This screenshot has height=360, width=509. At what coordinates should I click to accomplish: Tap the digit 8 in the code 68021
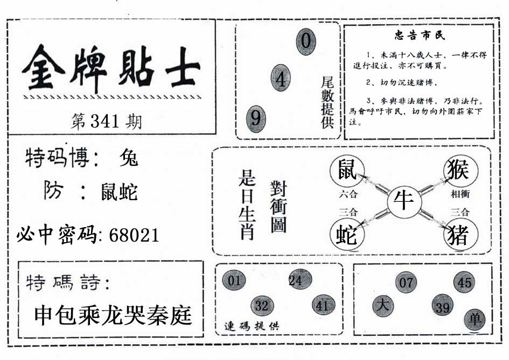click(x=124, y=235)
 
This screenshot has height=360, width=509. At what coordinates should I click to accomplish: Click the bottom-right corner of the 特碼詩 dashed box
click(x=203, y=337)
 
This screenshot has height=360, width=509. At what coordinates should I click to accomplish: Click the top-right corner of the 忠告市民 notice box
click(x=494, y=25)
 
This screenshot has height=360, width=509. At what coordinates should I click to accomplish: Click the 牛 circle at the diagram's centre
click(x=404, y=201)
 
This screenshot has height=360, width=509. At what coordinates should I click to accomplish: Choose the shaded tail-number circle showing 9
click(x=256, y=119)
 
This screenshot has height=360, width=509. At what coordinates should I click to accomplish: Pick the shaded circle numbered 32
click(x=262, y=306)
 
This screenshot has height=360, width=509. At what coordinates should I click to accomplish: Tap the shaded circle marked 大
click(x=384, y=306)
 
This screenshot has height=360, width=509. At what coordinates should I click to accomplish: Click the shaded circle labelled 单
click(x=475, y=320)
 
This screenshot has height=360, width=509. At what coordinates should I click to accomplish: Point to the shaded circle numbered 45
click(x=464, y=282)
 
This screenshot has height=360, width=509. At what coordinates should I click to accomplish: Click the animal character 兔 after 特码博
click(x=129, y=158)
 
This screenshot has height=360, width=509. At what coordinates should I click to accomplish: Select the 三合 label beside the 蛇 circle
click(x=348, y=212)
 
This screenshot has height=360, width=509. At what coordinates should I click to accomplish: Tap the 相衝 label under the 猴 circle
click(x=461, y=194)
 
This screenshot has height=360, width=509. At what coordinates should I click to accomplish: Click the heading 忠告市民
click(x=420, y=35)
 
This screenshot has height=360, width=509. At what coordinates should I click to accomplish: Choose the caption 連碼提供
click(x=252, y=326)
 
